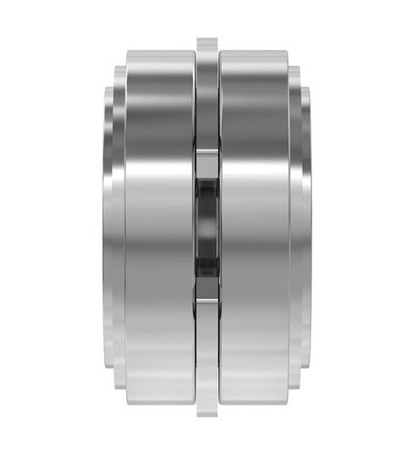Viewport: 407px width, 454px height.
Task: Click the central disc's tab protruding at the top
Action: pyautogui.click(x=208, y=46)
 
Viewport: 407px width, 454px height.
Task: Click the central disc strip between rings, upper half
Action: pyautogui.click(x=208, y=106)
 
